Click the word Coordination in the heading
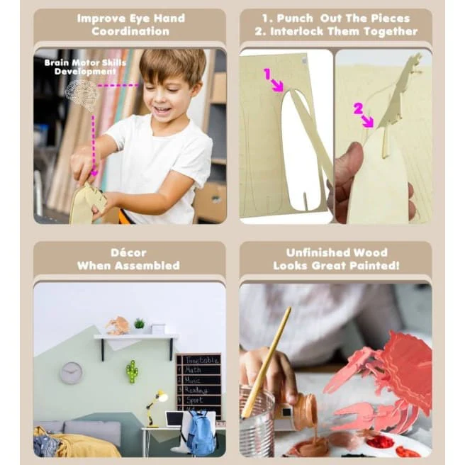coord(130,31)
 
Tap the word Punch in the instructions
coord(295,18)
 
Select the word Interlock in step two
coord(296,31)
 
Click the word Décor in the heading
coord(128,252)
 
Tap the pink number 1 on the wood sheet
coord(267,74)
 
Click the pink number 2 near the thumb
coord(358,108)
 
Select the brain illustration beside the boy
coord(82,94)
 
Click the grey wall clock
coord(71,373)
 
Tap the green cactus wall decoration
coord(133,371)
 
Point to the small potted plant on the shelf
coord(139,324)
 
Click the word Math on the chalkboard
coord(193,370)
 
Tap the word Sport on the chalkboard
coord(194,400)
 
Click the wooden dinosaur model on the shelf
coord(118,325)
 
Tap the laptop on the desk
coord(174,419)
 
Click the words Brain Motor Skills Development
coord(85,67)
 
